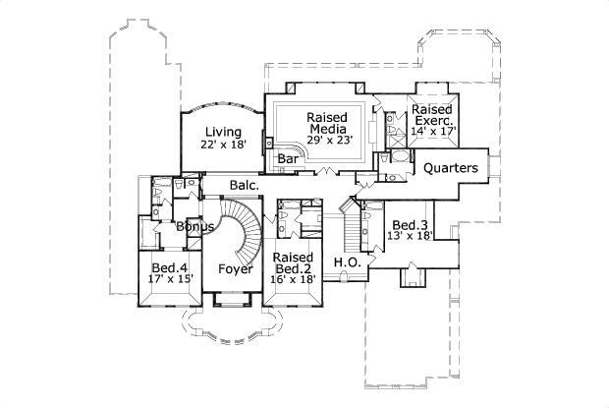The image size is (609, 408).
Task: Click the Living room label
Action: (222, 132)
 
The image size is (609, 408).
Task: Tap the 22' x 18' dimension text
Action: (222, 145)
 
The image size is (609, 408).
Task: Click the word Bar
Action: (288, 157)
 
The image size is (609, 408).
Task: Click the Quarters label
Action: (451, 168)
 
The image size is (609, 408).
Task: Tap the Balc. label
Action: (244, 185)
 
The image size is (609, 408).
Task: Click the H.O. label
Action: (345, 262)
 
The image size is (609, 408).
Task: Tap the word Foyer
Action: (235, 268)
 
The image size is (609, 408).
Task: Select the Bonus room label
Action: (195, 227)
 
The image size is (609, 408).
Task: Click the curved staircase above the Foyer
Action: (247, 227)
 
